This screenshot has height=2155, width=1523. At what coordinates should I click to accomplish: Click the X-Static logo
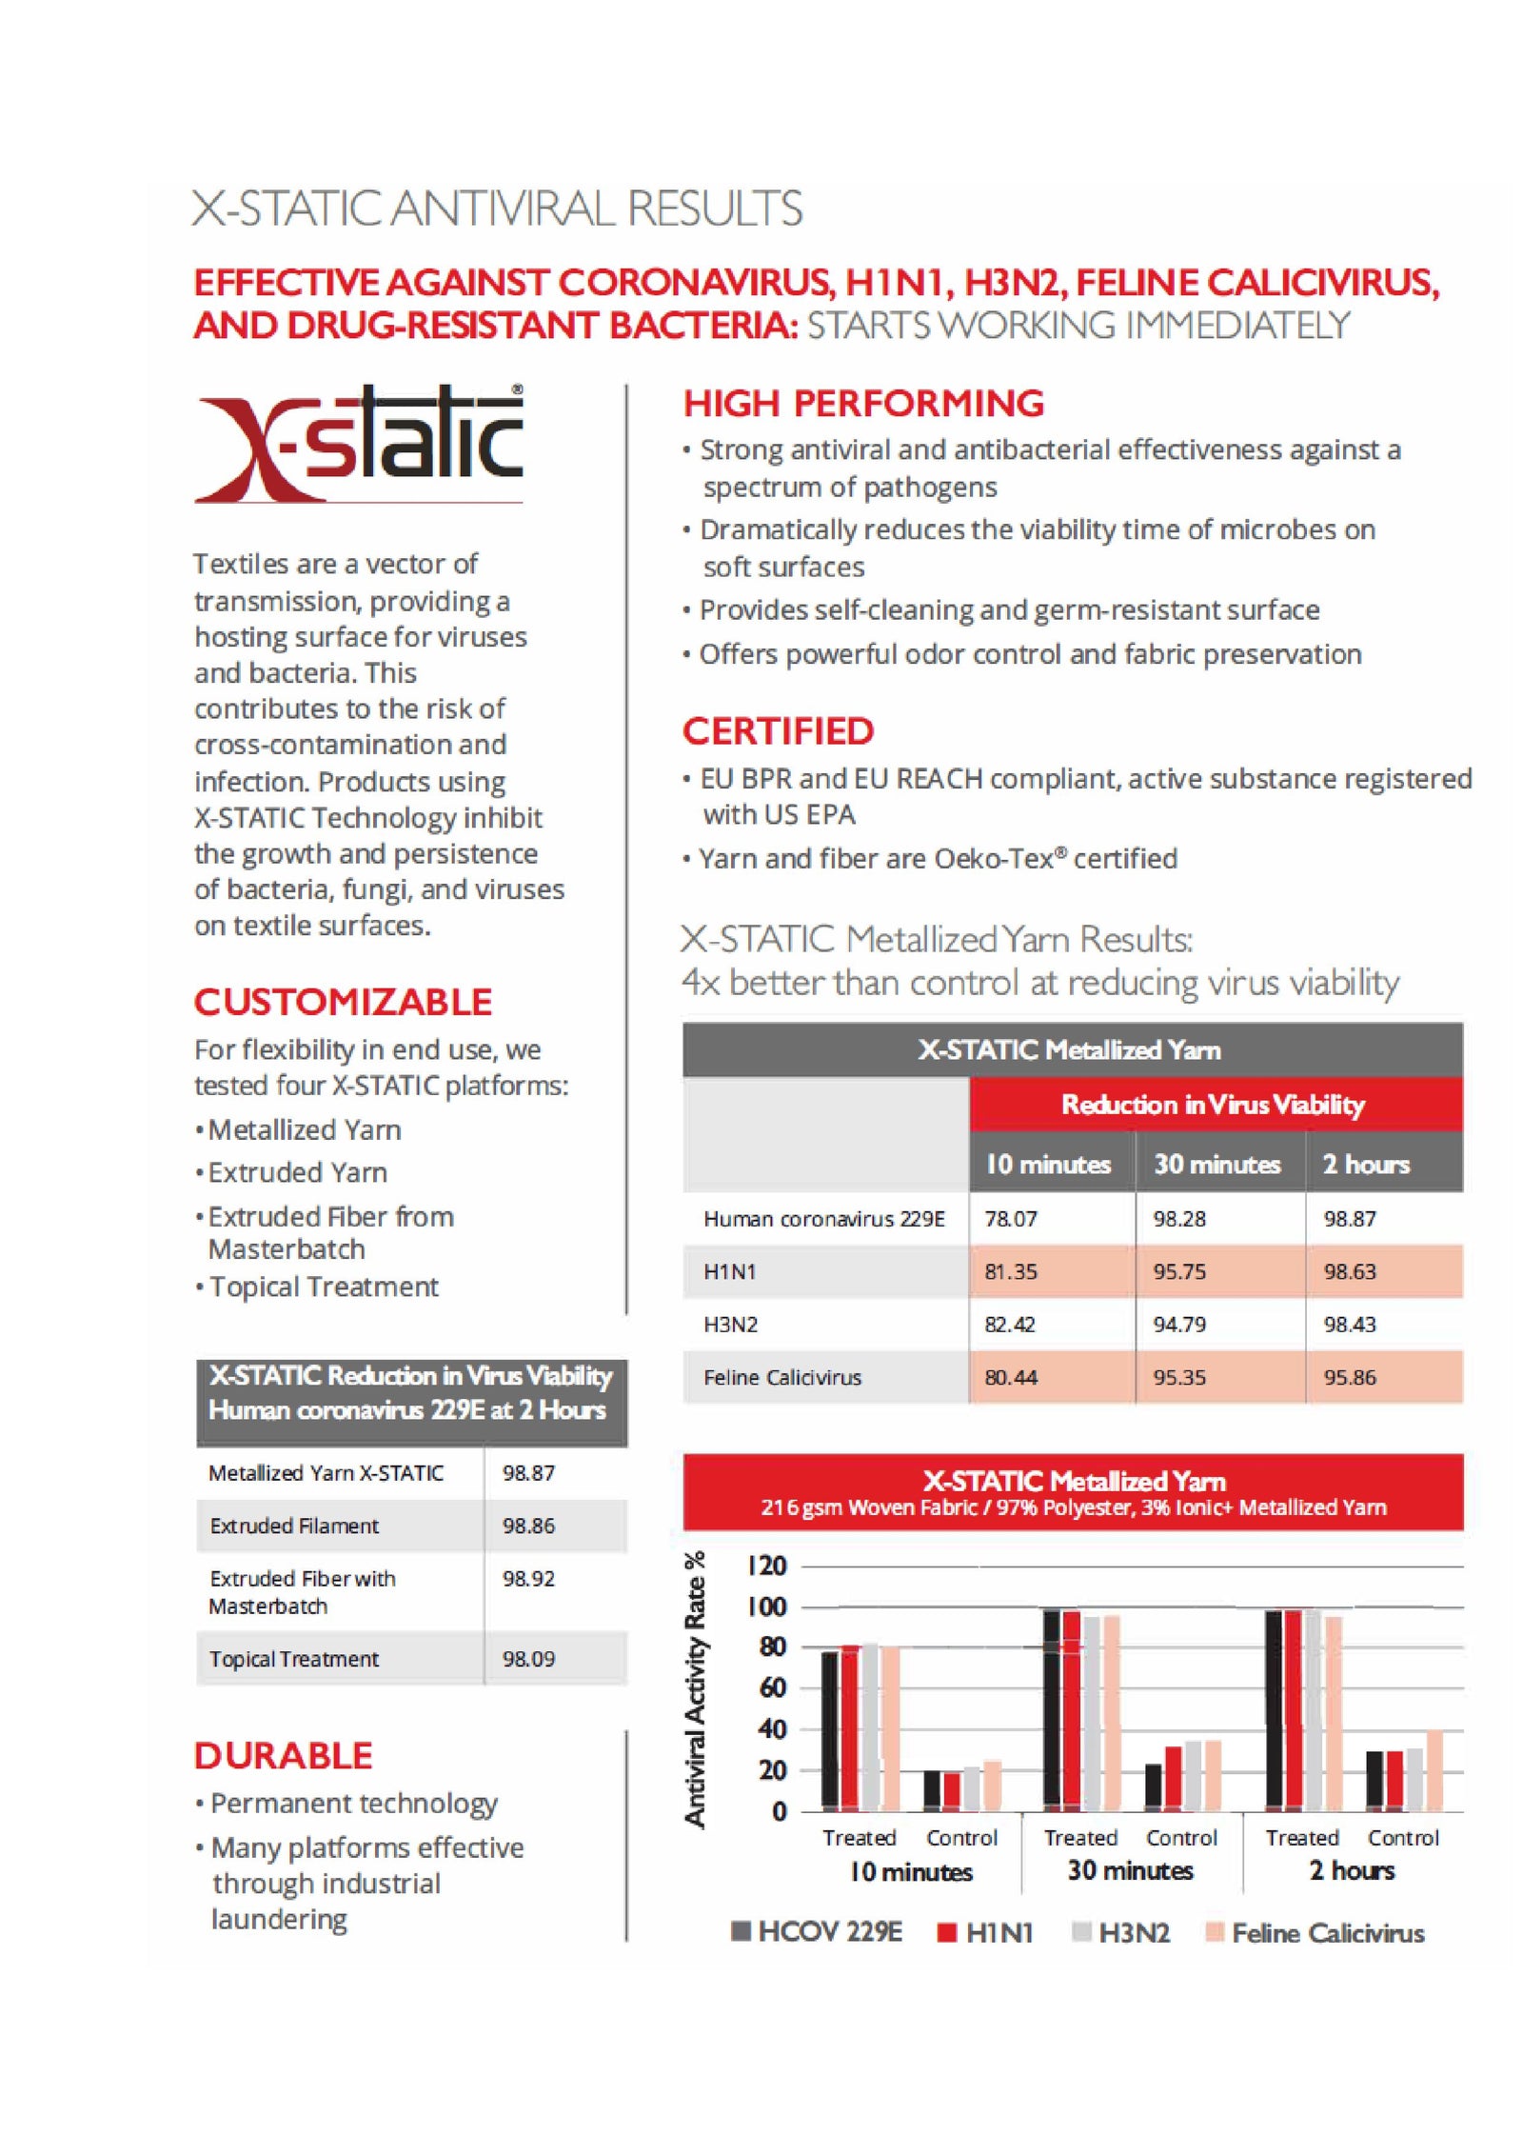coord(358,443)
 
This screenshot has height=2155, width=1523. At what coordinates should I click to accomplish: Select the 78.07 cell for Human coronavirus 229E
coord(1010,1218)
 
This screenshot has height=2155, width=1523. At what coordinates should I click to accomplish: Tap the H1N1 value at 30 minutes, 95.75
coord(1178,1271)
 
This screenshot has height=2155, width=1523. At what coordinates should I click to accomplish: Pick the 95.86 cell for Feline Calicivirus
coord(1349,1377)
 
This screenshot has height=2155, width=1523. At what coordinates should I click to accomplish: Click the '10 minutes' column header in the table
coord(1047,1164)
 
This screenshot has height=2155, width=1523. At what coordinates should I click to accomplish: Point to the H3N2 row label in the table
coord(730,1325)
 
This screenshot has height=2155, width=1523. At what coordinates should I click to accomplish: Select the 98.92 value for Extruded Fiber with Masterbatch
coord(528,1579)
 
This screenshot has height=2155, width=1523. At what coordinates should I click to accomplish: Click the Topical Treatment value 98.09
coord(528,1659)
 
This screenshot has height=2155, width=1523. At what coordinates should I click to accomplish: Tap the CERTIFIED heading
coord(778,731)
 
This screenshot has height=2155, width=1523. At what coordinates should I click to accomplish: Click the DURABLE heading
coord(283,1756)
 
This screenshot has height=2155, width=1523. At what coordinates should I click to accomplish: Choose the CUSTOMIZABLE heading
coord(343,1002)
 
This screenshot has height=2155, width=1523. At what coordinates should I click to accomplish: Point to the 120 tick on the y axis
coord(767,1566)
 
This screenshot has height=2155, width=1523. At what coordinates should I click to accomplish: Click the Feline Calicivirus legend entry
coord(1326,1933)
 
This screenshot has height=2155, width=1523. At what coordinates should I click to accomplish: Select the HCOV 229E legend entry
coord(829,1932)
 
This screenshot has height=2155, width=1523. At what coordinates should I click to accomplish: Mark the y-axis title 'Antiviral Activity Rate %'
coord(696,1689)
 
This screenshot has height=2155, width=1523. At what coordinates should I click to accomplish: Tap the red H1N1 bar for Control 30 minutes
coord(1173,1778)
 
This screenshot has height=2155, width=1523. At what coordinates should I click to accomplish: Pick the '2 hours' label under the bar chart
coord(1351,1870)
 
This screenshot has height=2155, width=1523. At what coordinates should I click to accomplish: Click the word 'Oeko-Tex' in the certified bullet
coord(994,859)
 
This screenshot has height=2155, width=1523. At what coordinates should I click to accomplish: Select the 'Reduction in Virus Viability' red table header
coord(1213,1105)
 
